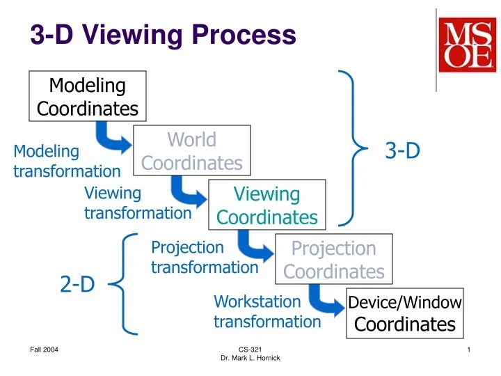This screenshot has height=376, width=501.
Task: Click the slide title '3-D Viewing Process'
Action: [x=163, y=34]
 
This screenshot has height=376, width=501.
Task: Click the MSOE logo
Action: [x=466, y=46]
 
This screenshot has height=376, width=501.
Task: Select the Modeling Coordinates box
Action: [x=88, y=97]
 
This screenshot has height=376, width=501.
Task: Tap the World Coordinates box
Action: [x=191, y=151]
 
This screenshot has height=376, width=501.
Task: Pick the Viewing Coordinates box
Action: [x=267, y=205]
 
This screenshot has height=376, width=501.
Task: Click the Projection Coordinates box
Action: [x=334, y=260]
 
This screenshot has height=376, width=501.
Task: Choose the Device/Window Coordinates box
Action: [x=404, y=313]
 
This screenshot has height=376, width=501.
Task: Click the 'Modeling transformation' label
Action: [x=67, y=161]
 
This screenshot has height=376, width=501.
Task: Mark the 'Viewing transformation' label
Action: [x=137, y=203]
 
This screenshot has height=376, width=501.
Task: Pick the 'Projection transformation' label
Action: [x=205, y=257]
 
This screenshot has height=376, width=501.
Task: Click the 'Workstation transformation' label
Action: [x=267, y=311]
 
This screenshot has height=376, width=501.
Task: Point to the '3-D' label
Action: [x=403, y=150]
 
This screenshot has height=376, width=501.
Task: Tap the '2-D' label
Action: [x=77, y=284]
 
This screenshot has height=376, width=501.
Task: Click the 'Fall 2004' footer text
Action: [x=44, y=349]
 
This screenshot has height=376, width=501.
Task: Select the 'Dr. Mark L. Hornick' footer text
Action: [x=250, y=358]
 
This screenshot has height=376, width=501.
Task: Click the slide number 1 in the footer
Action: [x=470, y=349]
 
